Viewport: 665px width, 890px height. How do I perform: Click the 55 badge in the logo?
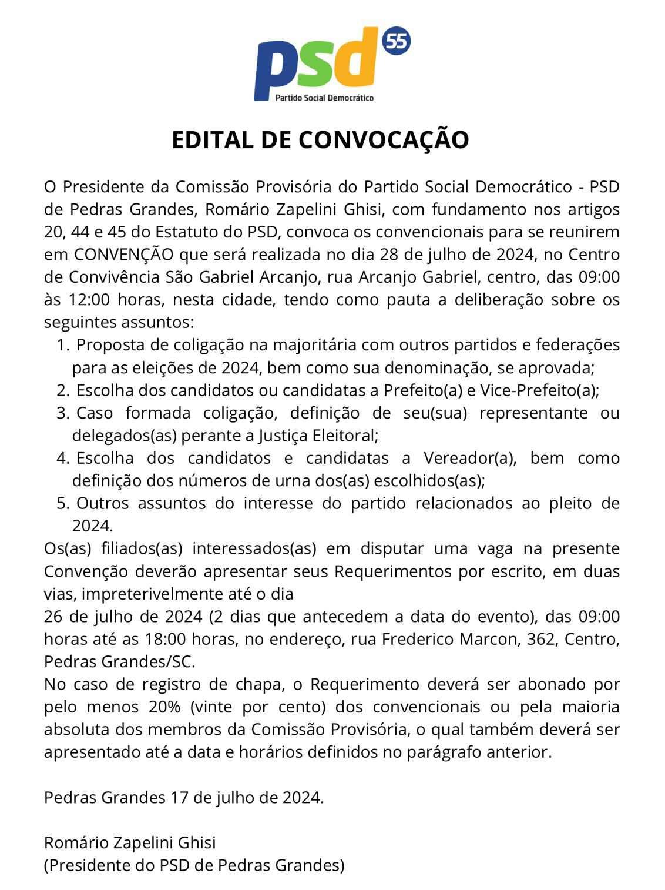coord(397,42)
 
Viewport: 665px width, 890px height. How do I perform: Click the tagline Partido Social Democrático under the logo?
coord(324,98)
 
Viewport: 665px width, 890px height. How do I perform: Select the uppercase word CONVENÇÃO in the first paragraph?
coord(123,255)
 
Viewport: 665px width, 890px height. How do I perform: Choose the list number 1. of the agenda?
coord(63,345)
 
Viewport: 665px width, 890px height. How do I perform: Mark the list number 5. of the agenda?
coord(63,504)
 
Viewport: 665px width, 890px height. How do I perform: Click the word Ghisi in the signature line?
coord(195,843)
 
